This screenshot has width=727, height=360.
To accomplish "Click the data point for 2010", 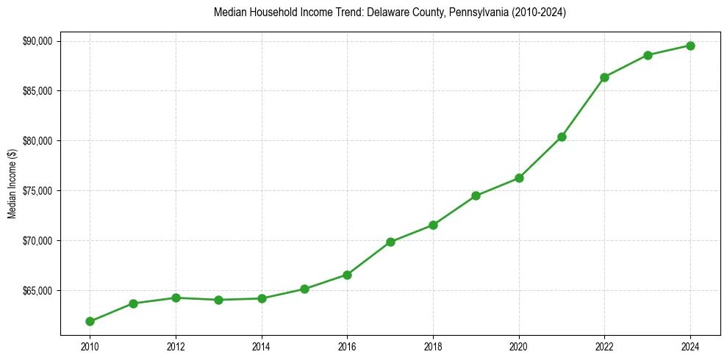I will tap(90, 321).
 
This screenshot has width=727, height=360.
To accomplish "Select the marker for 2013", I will tap(219, 300).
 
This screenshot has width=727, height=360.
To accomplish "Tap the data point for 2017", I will tap(390, 242).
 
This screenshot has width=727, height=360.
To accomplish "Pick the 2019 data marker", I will tap(476, 195).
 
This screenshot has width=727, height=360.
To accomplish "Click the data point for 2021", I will tap(562, 137).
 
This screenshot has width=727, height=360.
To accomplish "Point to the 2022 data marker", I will tap(604, 77).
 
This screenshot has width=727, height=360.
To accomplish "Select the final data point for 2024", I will tap(690, 46).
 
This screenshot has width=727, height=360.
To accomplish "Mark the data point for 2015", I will tap(304, 289).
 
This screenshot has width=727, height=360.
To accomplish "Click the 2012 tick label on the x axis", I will tap(176, 345).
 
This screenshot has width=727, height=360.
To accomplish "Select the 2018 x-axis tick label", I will tap(433, 345).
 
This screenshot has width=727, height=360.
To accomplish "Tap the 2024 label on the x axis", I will tap(690, 345).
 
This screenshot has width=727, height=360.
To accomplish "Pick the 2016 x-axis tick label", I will tap(347, 345).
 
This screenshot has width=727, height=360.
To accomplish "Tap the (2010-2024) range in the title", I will tap(537, 13).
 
